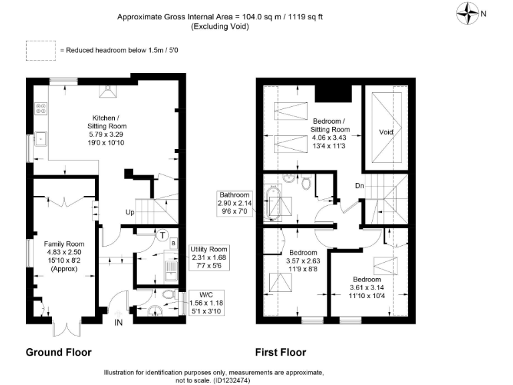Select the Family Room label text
click(64, 244)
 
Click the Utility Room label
click(208, 249)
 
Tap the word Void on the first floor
click(386, 132)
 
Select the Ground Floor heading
click(58, 352)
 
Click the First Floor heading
click(281, 352)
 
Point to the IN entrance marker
click(119, 324)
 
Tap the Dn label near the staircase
click(359, 185)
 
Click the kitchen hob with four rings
click(40, 108)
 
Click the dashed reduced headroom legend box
click(40, 50)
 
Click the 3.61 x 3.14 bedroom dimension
click(367, 287)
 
